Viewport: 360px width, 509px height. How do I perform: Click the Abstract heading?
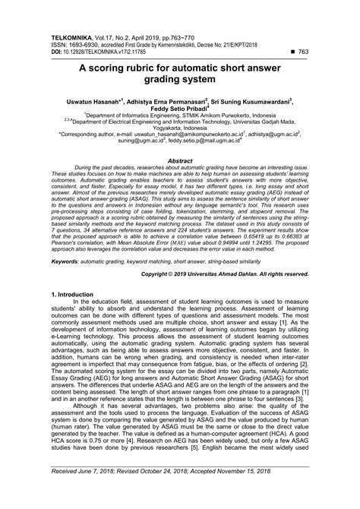(180, 161)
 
